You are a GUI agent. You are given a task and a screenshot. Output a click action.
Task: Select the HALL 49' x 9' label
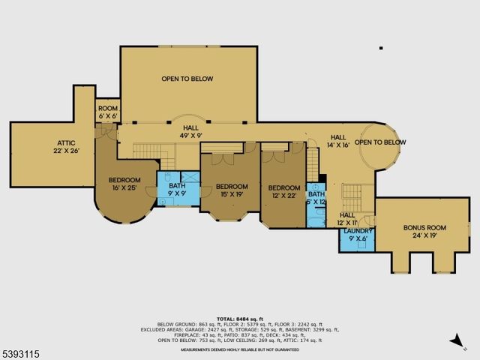187,131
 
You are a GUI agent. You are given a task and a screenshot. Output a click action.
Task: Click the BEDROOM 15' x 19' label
232,190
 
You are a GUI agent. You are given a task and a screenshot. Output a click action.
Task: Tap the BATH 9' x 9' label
177,190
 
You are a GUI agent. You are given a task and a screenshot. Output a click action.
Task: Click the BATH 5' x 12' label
316,198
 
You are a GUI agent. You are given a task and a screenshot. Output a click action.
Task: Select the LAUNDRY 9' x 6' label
358,235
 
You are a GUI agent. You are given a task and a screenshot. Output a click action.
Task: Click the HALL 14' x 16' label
339,141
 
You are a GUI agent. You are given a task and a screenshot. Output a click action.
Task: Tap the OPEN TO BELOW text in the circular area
380,142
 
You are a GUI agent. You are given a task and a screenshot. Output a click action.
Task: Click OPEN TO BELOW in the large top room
187,79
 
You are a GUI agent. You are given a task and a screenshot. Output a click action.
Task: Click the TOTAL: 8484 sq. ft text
240,319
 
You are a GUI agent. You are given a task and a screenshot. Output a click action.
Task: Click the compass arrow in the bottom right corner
454,341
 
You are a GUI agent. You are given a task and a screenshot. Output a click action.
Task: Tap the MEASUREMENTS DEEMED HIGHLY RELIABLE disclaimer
240,348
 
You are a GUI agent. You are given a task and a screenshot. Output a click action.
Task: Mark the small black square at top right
381,49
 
